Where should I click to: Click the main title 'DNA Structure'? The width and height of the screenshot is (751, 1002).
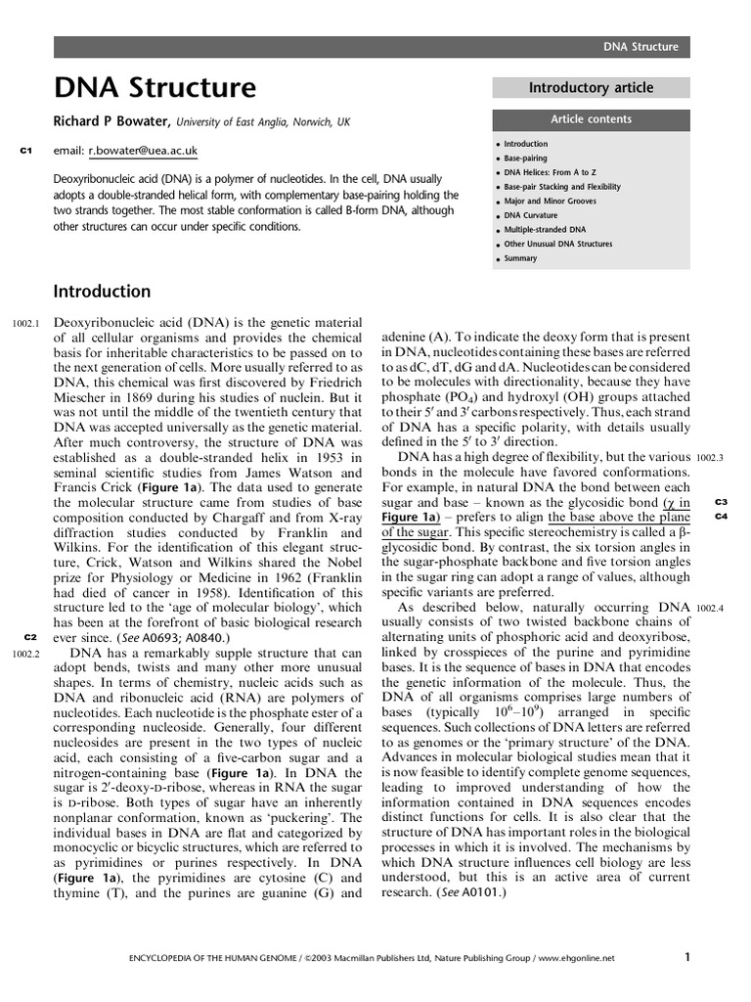click(155, 89)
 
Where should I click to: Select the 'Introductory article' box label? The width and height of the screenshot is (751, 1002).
click(591, 88)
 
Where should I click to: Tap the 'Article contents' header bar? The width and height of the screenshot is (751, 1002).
click(591, 119)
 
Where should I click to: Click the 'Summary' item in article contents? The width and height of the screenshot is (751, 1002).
click(520, 258)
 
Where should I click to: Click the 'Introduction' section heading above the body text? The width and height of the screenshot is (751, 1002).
click(102, 292)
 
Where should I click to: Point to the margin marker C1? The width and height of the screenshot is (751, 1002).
click(26, 151)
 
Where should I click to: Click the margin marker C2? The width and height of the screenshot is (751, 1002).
click(29, 637)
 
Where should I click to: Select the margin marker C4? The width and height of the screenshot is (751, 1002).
click(721, 516)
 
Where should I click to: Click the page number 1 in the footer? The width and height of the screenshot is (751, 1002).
click(688, 957)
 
